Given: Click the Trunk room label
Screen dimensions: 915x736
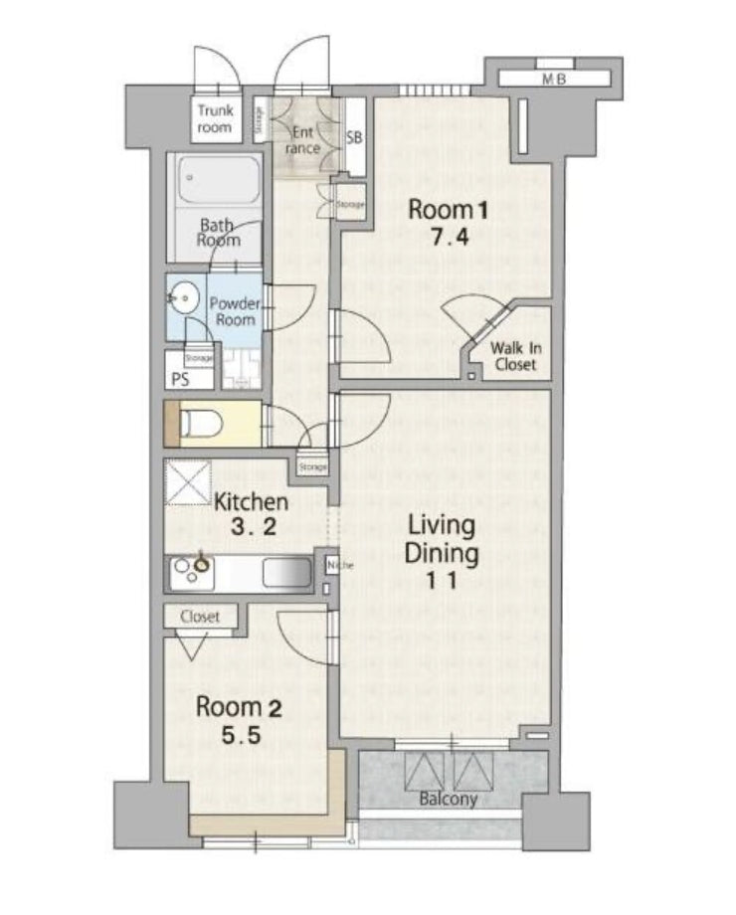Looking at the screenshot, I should coord(214,119).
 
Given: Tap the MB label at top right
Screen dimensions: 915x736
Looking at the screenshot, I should coord(553,81).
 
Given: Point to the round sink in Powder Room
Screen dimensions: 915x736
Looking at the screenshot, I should coord(182,296).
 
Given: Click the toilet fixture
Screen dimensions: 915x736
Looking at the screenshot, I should coord(199,424).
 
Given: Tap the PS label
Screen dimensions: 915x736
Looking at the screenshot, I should coord(180,380).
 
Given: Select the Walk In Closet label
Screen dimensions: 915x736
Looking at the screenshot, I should coord(514,356).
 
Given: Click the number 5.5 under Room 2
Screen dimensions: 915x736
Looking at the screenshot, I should coord(240,738).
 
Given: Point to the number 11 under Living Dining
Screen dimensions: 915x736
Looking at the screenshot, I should coord(442,583).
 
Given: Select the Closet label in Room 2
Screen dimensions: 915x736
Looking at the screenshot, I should coord(200,617).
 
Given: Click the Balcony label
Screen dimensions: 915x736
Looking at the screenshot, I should coord(448,799).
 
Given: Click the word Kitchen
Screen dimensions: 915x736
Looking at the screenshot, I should coord(252,502).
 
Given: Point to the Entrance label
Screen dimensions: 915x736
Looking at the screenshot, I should coord(303,140).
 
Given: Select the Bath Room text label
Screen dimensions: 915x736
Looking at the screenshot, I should coord(218,233).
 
